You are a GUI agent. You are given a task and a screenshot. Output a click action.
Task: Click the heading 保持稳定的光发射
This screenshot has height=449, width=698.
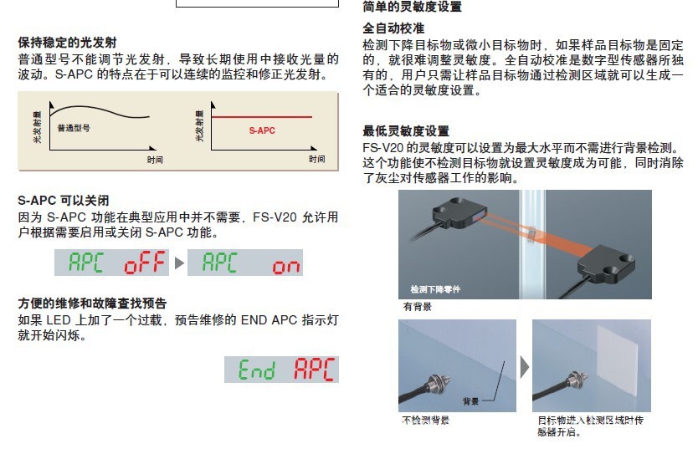click(x=67, y=43)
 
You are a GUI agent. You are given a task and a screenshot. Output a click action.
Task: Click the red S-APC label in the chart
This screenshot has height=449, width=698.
click(x=262, y=130)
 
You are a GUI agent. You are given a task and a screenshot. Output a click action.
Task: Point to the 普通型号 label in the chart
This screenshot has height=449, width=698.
click(x=74, y=128)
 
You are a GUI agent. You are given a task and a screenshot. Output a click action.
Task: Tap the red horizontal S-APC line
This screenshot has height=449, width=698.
click(x=262, y=117)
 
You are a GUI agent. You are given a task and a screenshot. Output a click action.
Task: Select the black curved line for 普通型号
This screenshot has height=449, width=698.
click(x=100, y=109)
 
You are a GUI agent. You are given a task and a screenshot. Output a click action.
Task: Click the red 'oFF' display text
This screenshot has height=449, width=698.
click(x=145, y=263)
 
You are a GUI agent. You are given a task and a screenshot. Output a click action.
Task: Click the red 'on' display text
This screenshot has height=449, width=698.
click(x=285, y=266)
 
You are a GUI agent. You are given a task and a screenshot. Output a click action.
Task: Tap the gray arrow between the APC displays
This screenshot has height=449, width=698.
click(x=179, y=263)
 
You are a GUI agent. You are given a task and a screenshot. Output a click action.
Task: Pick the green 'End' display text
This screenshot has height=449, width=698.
click(x=256, y=370)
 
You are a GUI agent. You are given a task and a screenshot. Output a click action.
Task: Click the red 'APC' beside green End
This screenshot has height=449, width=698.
click(x=315, y=370)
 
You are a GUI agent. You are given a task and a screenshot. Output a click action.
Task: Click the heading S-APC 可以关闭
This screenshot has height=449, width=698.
click(x=64, y=201)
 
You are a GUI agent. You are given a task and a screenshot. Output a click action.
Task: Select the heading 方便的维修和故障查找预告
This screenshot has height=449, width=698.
click(x=92, y=304)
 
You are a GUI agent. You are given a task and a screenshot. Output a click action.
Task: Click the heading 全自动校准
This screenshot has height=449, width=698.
click(x=393, y=28)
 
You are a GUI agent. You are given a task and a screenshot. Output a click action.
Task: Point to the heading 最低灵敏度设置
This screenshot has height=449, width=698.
click(x=406, y=131)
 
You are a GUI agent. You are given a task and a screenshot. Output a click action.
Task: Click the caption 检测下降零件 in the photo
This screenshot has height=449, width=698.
click(x=435, y=289)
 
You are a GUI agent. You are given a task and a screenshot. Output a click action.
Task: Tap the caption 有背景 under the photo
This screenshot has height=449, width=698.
click(x=417, y=306)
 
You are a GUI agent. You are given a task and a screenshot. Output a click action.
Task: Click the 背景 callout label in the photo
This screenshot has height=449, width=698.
click(x=470, y=401)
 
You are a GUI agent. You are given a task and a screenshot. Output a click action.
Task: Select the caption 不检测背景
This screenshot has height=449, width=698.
click(x=425, y=420)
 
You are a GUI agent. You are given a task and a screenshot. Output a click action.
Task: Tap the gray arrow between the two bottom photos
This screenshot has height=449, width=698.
click(x=525, y=367)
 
